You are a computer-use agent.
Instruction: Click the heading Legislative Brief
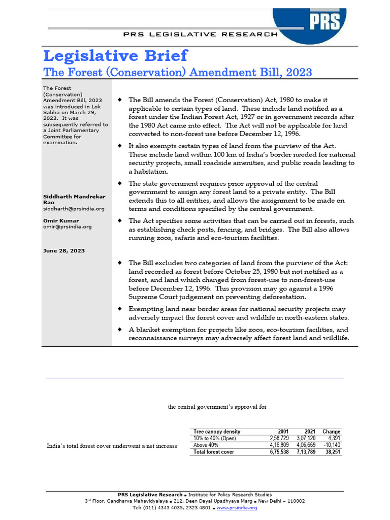115,55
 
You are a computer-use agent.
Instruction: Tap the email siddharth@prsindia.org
74,209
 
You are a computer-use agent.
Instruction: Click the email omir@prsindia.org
67,227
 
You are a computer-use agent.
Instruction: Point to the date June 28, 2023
64,251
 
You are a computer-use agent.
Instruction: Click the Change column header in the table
332,432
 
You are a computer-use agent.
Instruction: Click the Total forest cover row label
214,452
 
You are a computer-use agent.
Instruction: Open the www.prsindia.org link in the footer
237,507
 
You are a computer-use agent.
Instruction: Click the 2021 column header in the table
309,432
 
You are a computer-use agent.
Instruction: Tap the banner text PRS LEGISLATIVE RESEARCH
201,35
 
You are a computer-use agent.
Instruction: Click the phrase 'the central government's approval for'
217,407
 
